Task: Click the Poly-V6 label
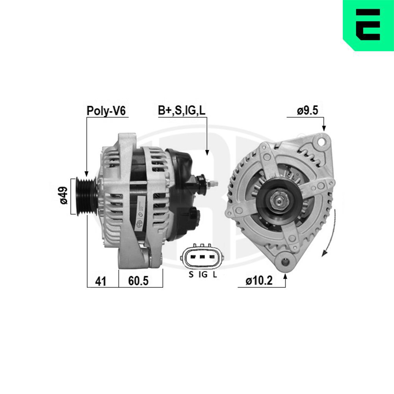coord(106,111)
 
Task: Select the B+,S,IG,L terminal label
coord(182,111)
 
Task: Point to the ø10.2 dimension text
coord(259,281)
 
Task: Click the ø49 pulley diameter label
coord(63,196)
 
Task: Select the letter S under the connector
coord(191,275)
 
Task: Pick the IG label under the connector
coord(203,275)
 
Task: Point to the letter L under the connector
coord(214,275)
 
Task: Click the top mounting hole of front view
coord(323,139)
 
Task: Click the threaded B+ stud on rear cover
coord(213,183)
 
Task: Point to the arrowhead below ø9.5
coord(324,128)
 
